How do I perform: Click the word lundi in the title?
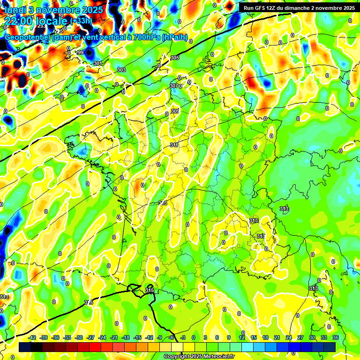tap(16, 9)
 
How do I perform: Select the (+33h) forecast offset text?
tap(81, 21)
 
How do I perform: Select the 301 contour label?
tap(97, 63)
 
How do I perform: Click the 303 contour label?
tap(121, 70)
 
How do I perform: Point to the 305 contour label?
tap(174, 58)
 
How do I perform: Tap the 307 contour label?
tap(173, 86)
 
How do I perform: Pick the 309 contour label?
tap(175, 111)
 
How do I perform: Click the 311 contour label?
tap(174, 145)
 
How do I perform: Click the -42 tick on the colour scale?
tap(32, 337)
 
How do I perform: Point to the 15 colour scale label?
tap(253, 337)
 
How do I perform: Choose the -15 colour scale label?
tap(137, 337)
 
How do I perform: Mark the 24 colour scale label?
tap(288, 337)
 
